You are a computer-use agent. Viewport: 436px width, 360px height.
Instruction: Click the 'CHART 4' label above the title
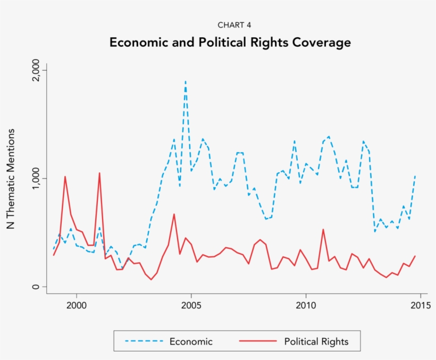click(x=230, y=25)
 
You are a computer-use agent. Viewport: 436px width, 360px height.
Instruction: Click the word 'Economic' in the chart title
click(x=140, y=43)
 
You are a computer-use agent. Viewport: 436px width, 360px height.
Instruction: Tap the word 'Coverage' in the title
click(x=323, y=43)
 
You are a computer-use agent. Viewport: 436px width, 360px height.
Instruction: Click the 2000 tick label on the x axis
click(x=77, y=306)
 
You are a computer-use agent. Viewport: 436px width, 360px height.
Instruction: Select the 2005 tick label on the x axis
click(x=191, y=306)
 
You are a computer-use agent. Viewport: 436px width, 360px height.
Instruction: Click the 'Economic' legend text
click(x=191, y=341)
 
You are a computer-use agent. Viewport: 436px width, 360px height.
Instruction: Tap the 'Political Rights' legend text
click(x=316, y=341)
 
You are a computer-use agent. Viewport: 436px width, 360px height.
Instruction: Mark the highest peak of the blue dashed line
click(x=185, y=81)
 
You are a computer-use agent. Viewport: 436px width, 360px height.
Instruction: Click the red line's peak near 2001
click(x=99, y=173)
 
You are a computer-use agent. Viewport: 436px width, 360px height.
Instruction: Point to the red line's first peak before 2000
click(x=65, y=177)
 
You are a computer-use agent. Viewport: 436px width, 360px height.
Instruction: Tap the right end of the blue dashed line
click(x=415, y=175)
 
